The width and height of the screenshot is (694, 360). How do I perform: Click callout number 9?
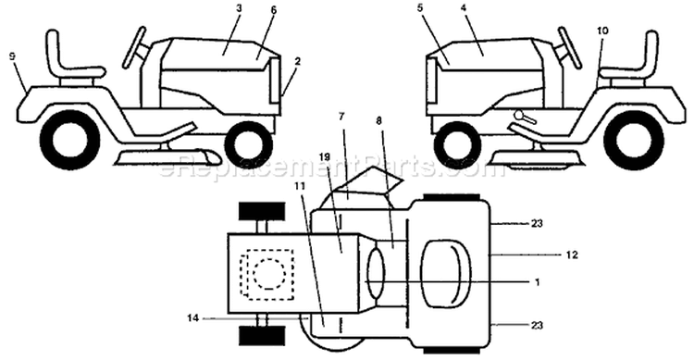(12, 56)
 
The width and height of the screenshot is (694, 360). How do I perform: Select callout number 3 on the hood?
(239, 8)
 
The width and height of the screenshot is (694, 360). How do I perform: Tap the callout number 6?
(274, 10)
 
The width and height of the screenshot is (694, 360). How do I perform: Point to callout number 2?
(297, 62)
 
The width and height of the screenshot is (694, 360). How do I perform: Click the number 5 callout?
(418, 8)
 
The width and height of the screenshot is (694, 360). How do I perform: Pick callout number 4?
(463, 8)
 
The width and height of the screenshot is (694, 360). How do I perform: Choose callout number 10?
(602, 31)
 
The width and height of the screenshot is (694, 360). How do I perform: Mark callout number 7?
(341, 117)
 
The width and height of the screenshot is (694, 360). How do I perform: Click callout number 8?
(379, 120)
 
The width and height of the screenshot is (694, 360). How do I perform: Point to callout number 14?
(192, 317)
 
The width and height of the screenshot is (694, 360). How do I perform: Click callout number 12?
(572, 255)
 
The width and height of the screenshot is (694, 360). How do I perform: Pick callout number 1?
(538, 281)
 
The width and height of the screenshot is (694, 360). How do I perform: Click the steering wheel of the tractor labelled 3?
(134, 47)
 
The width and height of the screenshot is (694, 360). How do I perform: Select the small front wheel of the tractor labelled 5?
(458, 144)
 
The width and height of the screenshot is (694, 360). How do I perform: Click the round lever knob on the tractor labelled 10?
(519, 116)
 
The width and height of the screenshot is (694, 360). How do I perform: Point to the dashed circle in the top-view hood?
(269, 274)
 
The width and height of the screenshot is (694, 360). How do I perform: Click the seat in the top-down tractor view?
(446, 274)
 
